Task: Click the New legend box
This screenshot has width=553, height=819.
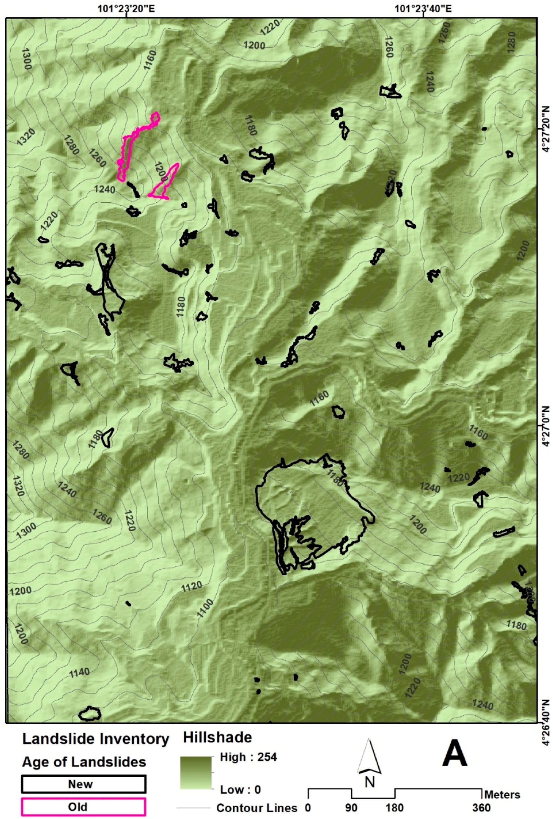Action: tap(83, 784)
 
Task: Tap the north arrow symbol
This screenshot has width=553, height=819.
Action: tap(369, 760)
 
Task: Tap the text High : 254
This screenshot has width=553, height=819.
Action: tap(248, 757)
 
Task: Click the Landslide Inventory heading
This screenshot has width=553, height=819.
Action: tap(96, 739)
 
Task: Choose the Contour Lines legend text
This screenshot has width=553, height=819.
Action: tap(256, 807)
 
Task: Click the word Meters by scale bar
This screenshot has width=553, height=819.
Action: tap(502, 794)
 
